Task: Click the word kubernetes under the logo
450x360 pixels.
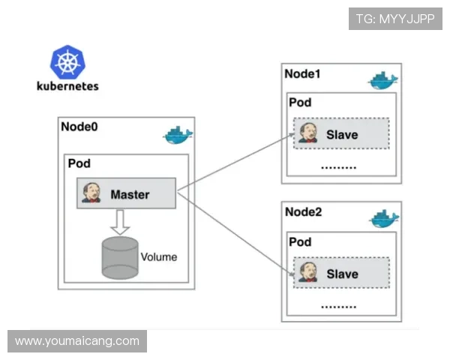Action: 67,86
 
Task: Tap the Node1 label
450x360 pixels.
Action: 302,74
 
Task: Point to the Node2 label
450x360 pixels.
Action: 304,212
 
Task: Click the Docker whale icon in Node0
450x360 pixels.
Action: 178,136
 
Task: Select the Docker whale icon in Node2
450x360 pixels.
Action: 385,218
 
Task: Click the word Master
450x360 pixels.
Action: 130,194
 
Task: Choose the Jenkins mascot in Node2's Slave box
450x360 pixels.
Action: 307,273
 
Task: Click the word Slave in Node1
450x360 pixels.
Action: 342,135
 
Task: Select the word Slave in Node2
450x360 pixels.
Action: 342,274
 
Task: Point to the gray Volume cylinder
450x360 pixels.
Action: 119,256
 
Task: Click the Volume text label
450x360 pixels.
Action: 159,256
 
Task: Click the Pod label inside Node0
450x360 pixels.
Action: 79,163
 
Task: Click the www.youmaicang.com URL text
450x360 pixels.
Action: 77,341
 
